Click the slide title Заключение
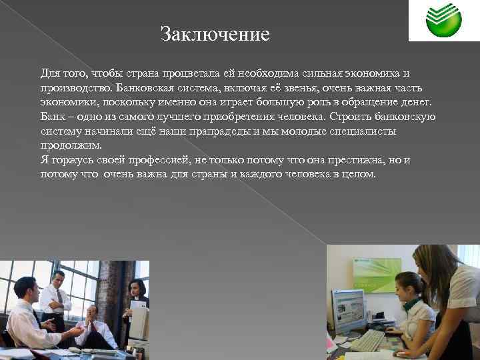tap(215, 34)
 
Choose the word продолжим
tap(71, 145)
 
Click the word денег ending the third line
tap(414, 102)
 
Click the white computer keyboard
tap(366, 340)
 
